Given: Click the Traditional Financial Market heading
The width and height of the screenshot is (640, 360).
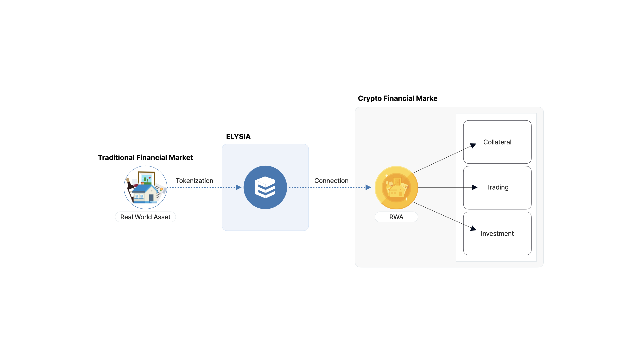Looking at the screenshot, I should (145, 158).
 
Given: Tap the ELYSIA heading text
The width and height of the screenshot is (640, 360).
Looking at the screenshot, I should (238, 137).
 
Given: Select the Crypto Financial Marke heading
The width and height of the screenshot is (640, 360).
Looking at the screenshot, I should (398, 99).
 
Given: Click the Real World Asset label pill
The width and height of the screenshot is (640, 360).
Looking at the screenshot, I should (145, 217).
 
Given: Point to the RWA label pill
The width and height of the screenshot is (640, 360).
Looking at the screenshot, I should (396, 217).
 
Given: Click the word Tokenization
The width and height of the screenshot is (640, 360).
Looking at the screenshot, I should (194, 181).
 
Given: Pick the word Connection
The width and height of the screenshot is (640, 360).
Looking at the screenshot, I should (331, 181).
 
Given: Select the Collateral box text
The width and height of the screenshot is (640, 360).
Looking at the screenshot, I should (497, 142).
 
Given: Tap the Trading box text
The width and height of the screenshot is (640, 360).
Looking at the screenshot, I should (497, 187).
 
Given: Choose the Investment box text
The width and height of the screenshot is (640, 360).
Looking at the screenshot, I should (497, 234).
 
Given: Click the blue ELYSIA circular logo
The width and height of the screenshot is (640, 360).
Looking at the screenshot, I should (265, 187).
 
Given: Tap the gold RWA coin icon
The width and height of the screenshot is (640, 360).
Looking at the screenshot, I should (396, 187).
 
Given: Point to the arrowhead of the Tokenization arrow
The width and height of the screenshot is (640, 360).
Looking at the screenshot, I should (239, 187).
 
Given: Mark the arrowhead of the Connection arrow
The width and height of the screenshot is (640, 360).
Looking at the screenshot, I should (368, 187).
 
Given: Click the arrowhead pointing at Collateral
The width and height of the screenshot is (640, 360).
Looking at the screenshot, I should (473, 146).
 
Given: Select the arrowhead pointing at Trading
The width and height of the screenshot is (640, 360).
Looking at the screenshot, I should (475, 187).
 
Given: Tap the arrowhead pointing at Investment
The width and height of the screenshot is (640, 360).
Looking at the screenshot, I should (473, 228).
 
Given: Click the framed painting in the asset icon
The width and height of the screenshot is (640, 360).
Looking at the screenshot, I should (147, 178).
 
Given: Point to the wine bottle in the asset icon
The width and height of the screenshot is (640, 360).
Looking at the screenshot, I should (130, 188).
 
